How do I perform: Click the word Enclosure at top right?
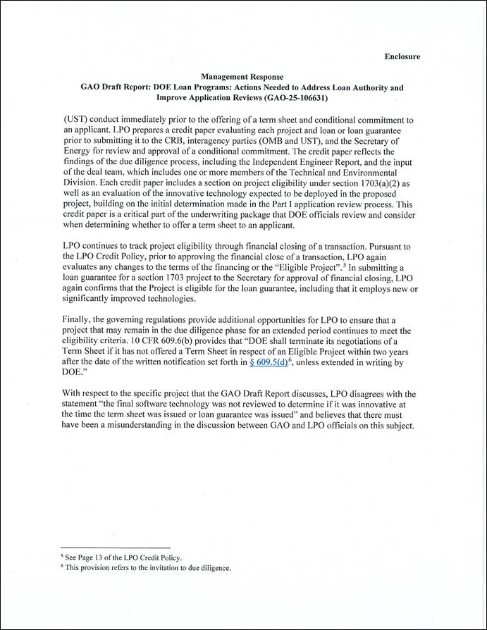(x=402, y=56)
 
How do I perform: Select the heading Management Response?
(x=242, y=77)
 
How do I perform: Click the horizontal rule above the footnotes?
(x=116, y=548)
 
